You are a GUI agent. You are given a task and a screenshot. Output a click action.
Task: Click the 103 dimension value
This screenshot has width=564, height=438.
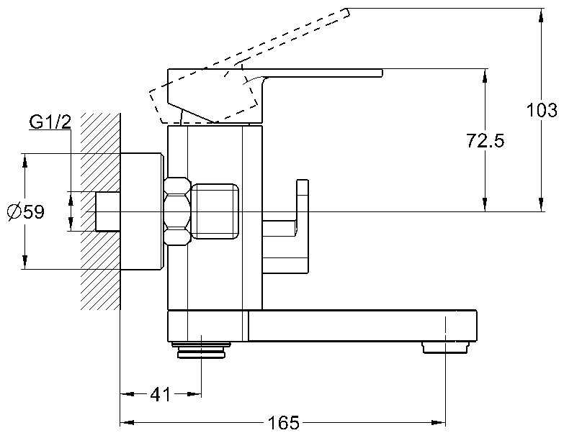click(542, 110)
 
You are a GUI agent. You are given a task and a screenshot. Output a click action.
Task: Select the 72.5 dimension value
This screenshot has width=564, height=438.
click(485, 140)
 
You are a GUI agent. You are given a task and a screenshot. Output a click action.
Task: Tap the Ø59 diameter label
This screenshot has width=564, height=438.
click(26, 211)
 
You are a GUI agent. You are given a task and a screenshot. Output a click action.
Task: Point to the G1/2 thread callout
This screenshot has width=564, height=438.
click(50, 122)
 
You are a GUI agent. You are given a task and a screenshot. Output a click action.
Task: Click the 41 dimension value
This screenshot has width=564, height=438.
click(160, 395)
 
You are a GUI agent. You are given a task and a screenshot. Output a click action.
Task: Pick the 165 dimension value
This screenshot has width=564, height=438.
click(284, 423)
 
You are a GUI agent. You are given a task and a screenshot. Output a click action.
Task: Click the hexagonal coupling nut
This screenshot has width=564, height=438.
click(177, 211)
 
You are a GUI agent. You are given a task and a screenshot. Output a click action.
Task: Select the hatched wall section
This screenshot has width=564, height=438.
click(100, 211)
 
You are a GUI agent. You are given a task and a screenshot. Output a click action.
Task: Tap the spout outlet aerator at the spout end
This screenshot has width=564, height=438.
click(446, 347)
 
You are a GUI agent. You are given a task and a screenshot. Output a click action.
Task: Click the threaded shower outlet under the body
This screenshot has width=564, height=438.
click(201, 350)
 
